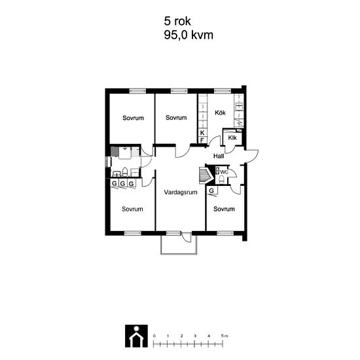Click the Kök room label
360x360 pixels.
(x=220, y=113)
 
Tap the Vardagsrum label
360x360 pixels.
(x=181, y=192)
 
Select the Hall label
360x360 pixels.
(x=219, y=156)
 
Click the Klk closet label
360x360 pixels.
(x=232, y=137)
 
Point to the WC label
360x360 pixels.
(x=224, y=172)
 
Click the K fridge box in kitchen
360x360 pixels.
(x=202, y=133)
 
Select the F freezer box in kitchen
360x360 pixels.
(x=202, y=140)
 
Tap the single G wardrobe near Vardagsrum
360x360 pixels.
(x=211, y=190)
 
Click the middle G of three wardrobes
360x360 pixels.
(x=123, y=183)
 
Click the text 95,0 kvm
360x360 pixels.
(x=189, y=35)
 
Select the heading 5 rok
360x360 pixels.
(x=177, y=21)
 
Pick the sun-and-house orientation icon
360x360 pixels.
(x=136, y=336)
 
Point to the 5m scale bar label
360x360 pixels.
(x=225, y=336)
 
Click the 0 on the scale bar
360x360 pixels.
(x=154, y=336)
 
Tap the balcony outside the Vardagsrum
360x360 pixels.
(x=179, y=245)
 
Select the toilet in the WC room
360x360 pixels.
(x=221, y=179)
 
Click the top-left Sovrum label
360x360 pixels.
(x=133, y=118)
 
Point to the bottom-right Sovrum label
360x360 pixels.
(x=224, y=209)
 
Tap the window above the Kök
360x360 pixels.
(x=223, y=91)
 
